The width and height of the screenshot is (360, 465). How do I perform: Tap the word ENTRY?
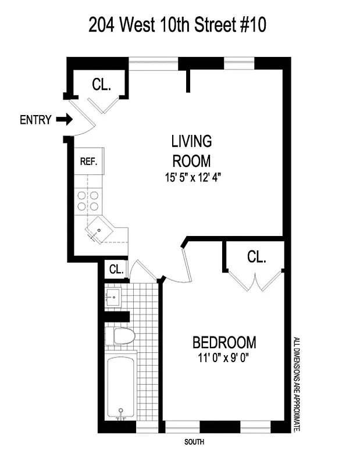[35, 120]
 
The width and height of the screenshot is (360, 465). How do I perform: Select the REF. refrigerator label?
[88, 162]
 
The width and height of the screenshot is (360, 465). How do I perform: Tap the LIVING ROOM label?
[191, 151]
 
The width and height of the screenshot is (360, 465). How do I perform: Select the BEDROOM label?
[224, 342]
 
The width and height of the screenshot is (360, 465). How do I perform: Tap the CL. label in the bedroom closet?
[256, 256]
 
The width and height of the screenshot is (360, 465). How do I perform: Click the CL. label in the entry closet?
[101, 85]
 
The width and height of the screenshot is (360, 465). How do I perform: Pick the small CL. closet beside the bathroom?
[116, 269]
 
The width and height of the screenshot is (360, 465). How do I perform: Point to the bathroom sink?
[114, 298]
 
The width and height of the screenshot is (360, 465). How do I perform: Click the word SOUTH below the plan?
[194, 442]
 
